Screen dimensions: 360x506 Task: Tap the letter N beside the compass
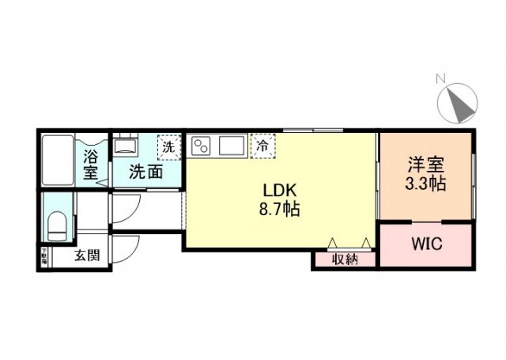click(440, 78)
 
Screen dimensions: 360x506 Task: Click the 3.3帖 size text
click(426, 184)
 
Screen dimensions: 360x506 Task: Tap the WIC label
click(427, 244)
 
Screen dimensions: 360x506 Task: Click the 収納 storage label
click(345, 259)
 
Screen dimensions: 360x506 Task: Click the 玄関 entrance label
click(87, 256)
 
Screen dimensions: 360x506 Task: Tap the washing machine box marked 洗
click(168, 146)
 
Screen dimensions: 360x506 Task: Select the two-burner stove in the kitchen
click(202, 146)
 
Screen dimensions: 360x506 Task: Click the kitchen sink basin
click(232, 146)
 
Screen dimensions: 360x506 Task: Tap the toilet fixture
click(58, 225)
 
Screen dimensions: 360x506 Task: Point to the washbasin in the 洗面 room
click(124, 146)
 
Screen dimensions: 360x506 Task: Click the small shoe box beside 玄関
click(44, 256)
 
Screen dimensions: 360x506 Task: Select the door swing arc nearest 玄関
click(125, 248)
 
